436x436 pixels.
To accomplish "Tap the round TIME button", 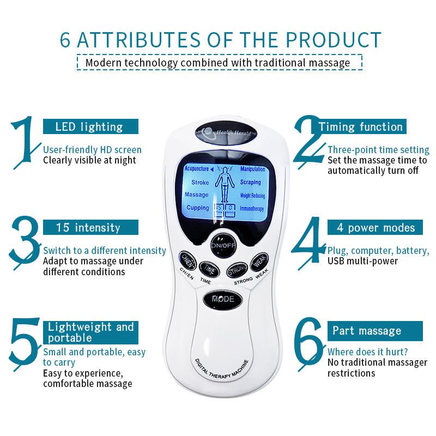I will point(207,268).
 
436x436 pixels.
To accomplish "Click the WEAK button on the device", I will point(257,263).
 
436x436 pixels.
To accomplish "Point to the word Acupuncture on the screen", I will point(197,169).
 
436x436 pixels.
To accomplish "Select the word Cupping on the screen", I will point(197,208).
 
